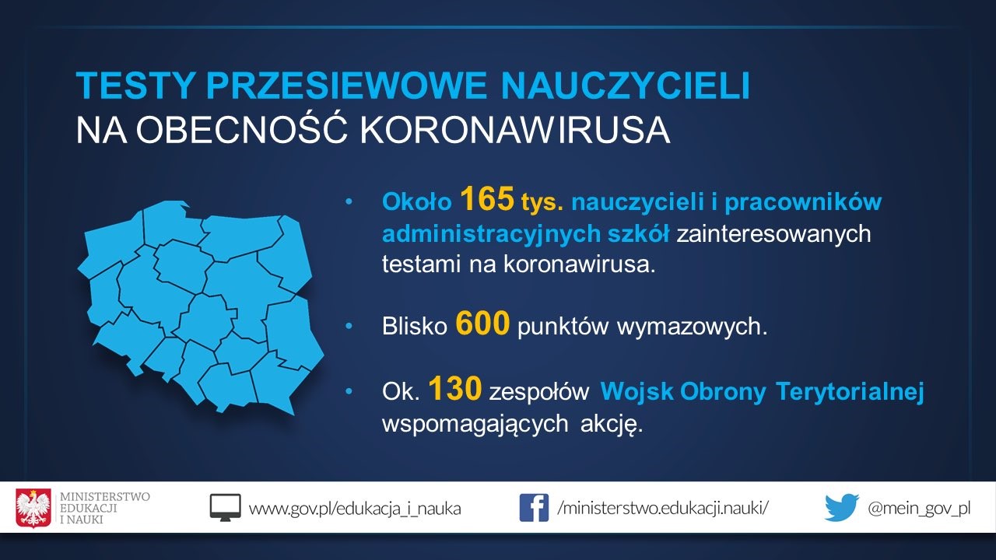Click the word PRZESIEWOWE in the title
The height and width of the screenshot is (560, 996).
(346, 85)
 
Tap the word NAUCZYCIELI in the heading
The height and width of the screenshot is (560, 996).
(626, 85)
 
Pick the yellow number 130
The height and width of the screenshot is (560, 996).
(455, 388)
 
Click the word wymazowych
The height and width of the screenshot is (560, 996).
(692, 327)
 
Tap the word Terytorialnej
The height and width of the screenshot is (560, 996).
(850, 392)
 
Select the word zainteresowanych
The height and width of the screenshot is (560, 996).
(773, 234)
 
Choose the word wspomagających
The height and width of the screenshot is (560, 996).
(475, 425)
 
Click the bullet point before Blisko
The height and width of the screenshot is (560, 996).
(349, 326)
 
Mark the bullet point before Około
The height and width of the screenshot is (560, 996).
(349, 201)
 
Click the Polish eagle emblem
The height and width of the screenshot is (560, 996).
(33, 508)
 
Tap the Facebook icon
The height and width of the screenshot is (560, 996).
(534, 508)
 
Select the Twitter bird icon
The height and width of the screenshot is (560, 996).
(841, 506)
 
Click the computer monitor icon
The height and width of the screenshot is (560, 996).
(226, 508)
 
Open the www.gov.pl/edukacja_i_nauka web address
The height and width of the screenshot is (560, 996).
(355, 509)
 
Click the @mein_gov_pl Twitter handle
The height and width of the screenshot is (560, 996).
(919, 509)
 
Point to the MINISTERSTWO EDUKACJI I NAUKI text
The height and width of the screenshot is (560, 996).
(105, 508)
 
